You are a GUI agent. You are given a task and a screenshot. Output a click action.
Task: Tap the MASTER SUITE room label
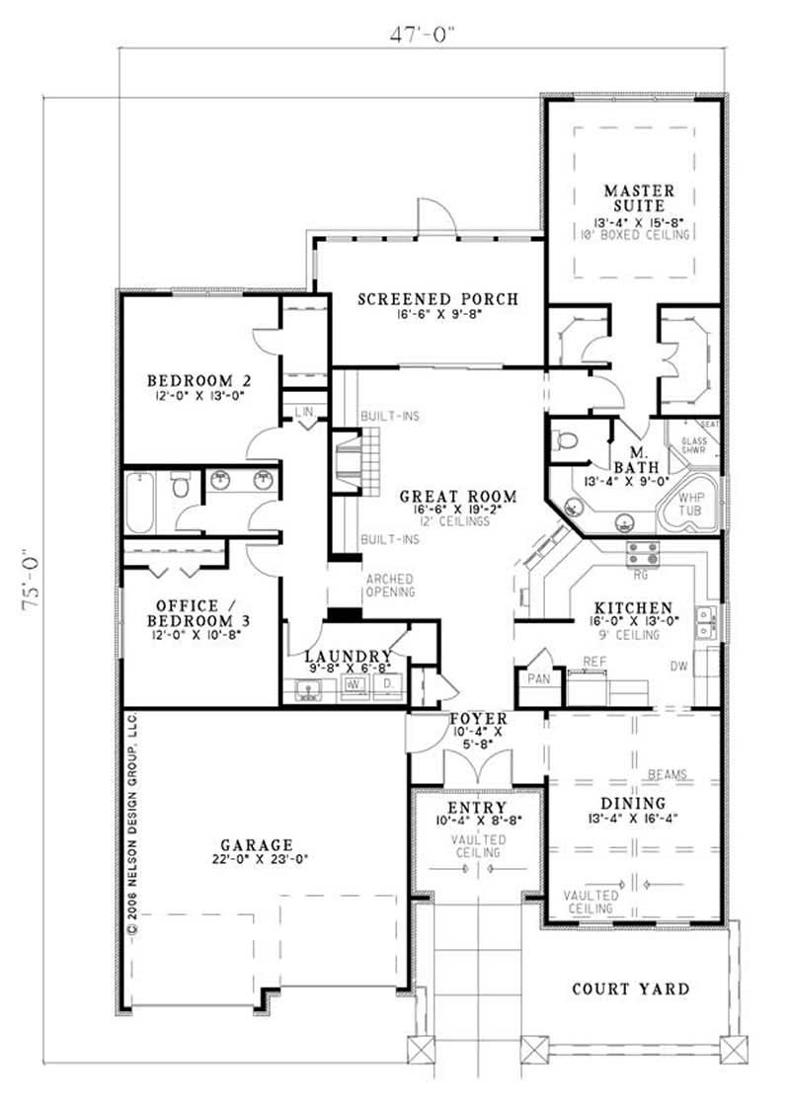(639, 197)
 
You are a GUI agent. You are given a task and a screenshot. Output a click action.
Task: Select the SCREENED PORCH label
(437, 299)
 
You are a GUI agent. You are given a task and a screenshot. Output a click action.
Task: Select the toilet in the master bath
(565, 440)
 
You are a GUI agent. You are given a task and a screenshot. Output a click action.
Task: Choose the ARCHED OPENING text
(390, 585)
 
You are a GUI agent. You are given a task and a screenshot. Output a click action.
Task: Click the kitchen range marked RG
(641, 553)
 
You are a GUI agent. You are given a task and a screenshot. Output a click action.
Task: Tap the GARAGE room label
(257, 844)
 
